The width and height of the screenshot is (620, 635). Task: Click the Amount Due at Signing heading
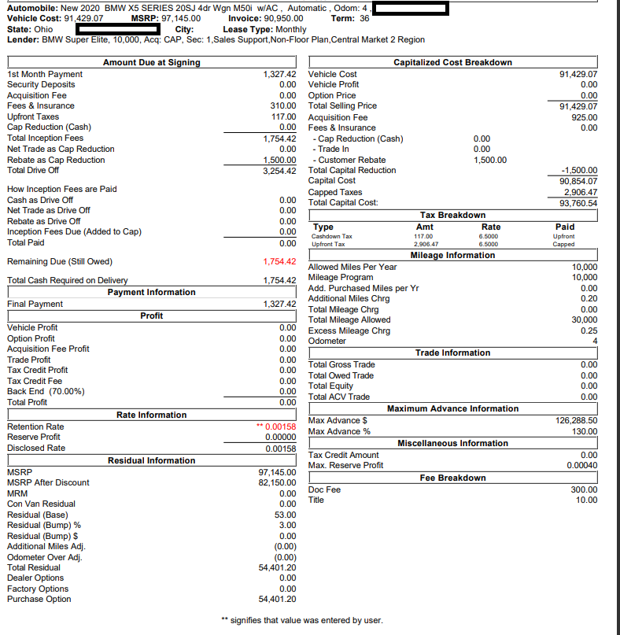[152, 63]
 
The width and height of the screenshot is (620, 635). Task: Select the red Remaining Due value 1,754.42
[279, 261]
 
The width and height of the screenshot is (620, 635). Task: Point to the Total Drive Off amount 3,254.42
[279, 171]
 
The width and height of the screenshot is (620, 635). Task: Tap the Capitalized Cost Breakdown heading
[452, 63]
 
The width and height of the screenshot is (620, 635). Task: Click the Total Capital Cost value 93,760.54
[577, 203]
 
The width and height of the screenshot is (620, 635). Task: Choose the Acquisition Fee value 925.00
[583, 117]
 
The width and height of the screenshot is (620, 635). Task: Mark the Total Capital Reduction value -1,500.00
[578, 171]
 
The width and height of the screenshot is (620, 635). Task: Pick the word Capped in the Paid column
[564, 245]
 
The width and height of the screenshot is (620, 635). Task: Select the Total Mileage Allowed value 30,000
[584, 320]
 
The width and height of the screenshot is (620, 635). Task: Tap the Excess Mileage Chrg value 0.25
[589, 331]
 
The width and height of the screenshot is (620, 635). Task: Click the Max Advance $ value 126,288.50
[576, 421]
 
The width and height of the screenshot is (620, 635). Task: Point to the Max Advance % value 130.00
[583, 432]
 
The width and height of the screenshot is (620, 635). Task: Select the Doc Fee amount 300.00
[583, 489]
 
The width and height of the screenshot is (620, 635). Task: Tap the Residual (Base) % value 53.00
[284, 515]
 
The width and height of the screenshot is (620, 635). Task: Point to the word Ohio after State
[43, 29]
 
